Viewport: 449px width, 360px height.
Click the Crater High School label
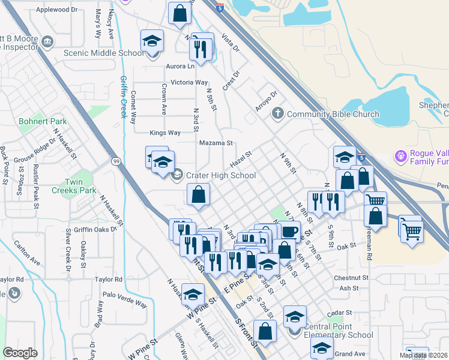221,175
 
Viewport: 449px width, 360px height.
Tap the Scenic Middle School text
104,53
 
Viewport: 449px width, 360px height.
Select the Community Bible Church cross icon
277,113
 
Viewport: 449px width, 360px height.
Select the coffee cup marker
289,230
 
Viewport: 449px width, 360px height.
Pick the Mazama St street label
215,143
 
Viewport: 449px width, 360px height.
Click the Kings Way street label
165,133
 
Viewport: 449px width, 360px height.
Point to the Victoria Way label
189,82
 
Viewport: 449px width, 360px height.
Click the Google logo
20,353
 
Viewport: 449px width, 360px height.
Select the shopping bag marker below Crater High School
199,195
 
